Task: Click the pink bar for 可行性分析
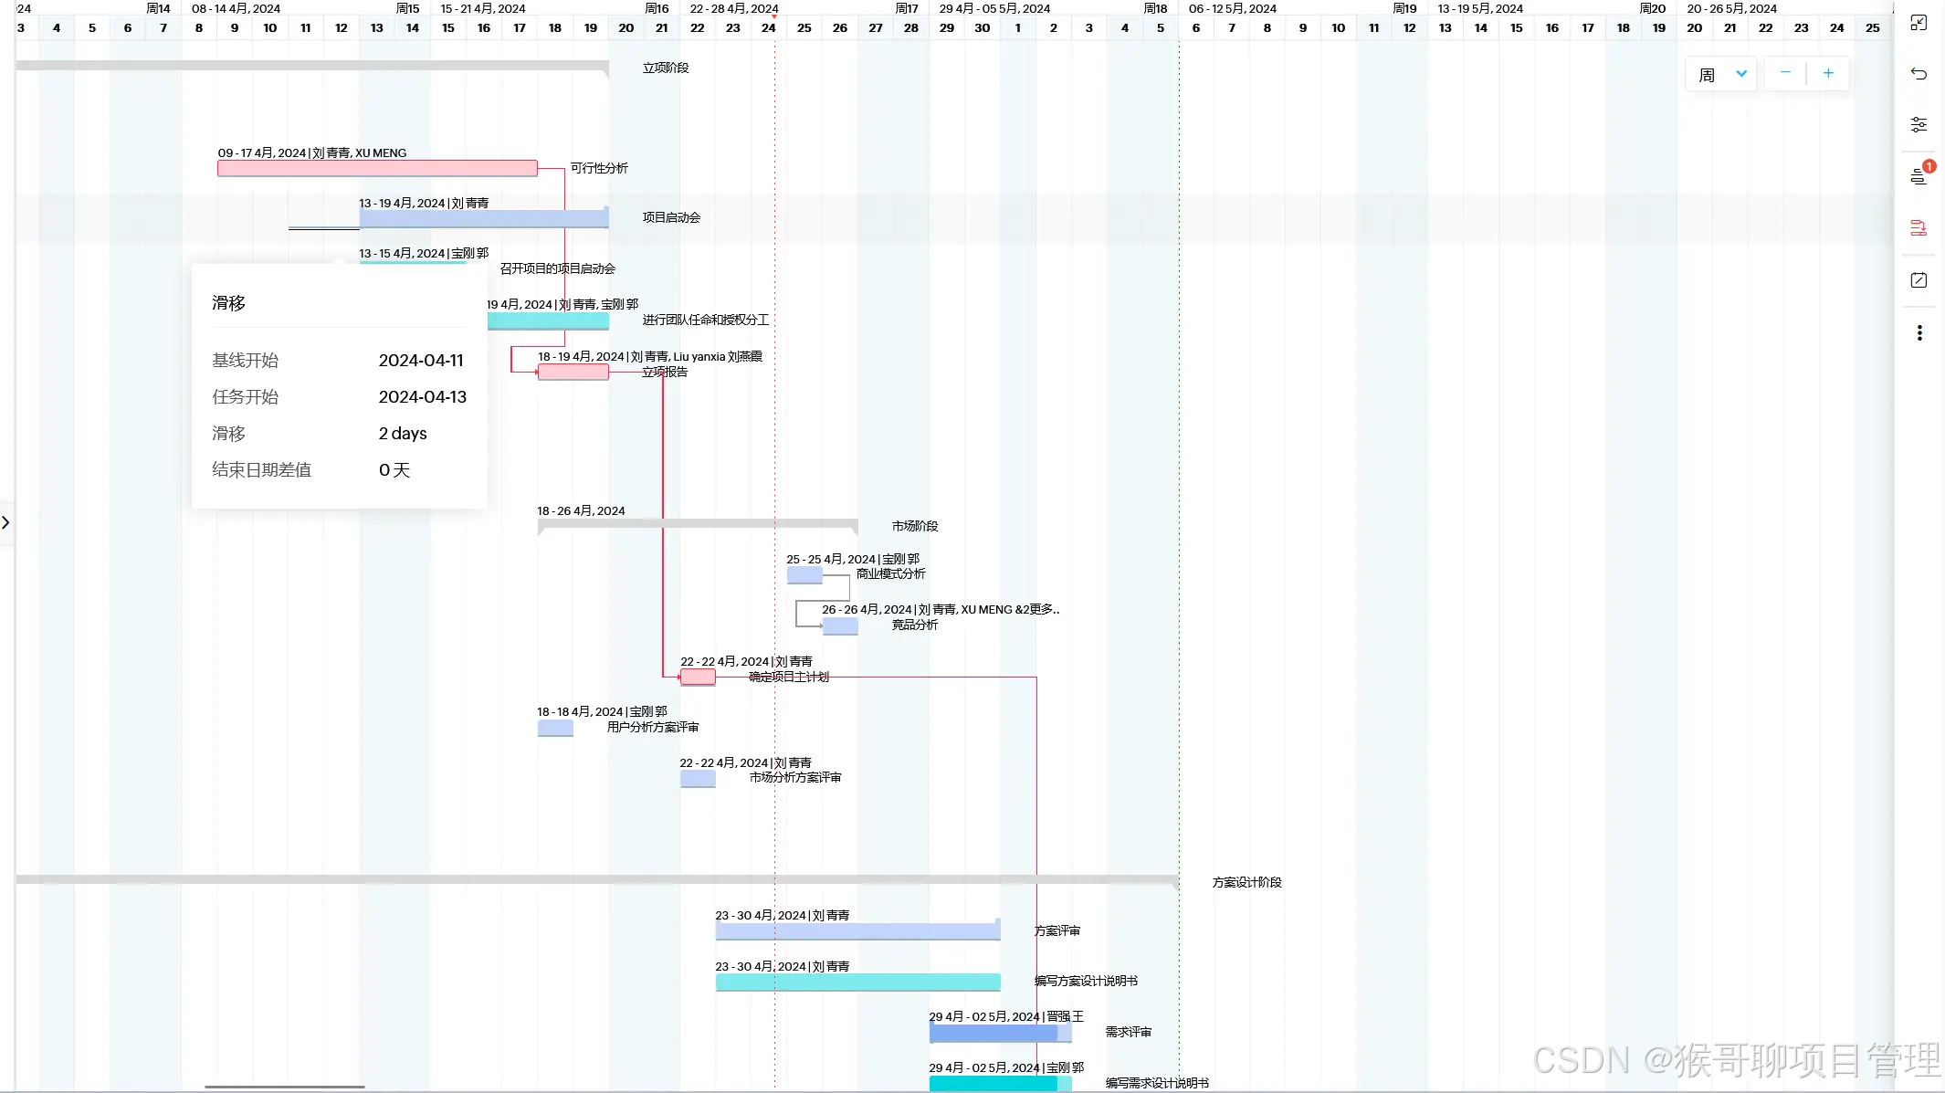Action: [377, 168]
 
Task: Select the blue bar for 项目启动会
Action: [484, 218]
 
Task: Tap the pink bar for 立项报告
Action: [573, 372]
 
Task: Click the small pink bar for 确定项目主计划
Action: [698, 677]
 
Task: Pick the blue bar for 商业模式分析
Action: [804, 575]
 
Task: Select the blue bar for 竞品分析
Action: [840, 625]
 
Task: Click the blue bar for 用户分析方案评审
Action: [555, 728]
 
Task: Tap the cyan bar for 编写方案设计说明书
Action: [857, 982]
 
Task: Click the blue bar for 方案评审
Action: [857, 931]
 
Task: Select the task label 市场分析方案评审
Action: [795, 778]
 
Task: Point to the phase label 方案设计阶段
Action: [1246, 882]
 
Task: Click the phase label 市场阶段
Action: [915, 526]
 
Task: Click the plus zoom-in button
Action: [1828, 73]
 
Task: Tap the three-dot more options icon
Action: [1919, 333]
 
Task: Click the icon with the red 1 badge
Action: [1919, 175]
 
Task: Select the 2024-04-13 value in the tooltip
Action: [422, 397]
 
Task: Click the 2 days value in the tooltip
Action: [403, 434]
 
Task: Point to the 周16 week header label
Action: [657, 8]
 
